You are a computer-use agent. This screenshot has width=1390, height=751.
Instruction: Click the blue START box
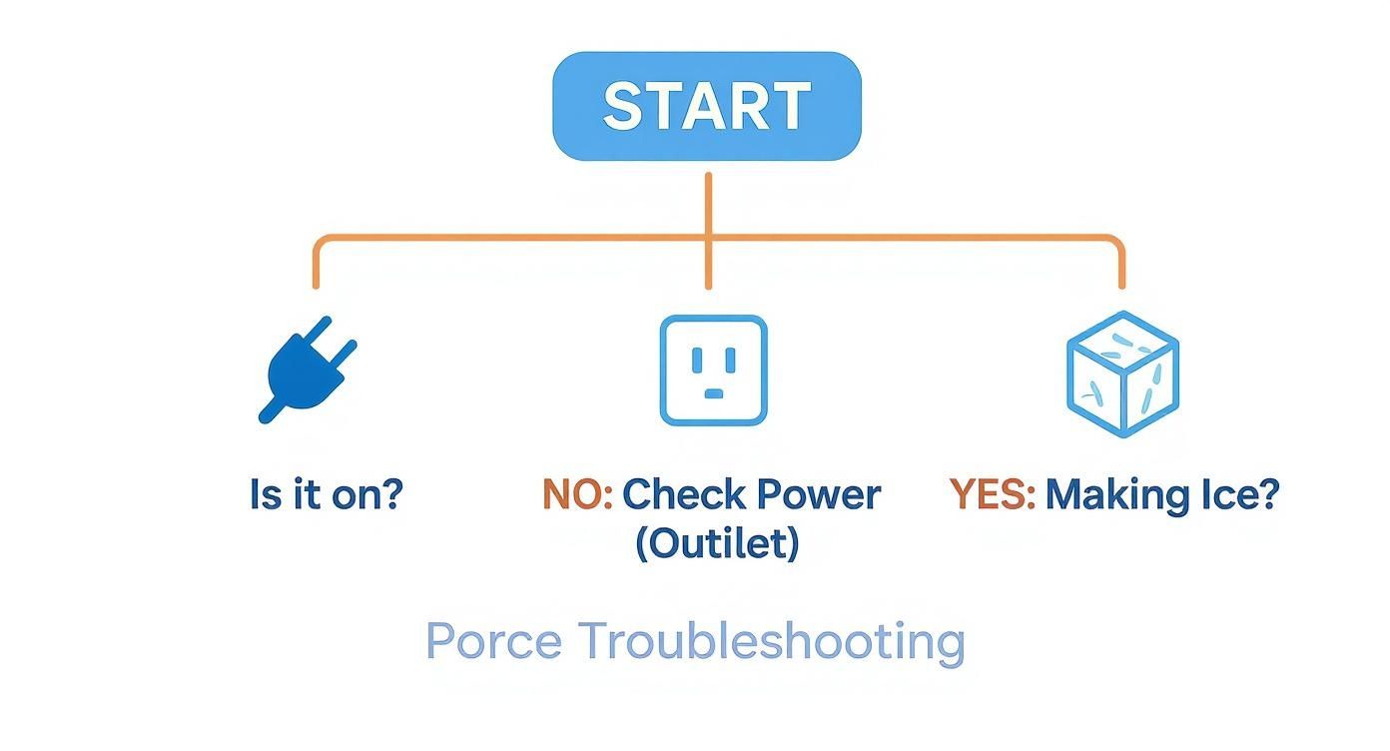(x=707, y=106)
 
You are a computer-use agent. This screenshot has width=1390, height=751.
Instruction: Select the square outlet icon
(x=713, y=371)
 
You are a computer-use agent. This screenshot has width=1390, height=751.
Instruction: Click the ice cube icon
(x=1122, y=374)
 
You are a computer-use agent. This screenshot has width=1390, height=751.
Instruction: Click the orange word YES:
(x=992, y=494)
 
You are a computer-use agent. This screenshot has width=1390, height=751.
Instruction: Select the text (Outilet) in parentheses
(x=717, y=543)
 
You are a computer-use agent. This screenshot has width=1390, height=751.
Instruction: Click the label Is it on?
(x=326, y=494)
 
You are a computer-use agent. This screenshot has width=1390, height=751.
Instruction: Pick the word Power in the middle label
(x=818, y=494)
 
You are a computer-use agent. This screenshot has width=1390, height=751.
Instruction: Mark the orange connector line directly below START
(x=708, y=205)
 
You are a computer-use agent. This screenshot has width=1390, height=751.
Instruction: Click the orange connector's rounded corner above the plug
(x=322, y=243)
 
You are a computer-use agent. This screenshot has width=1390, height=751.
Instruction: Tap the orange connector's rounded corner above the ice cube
(x=1114, y=243)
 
